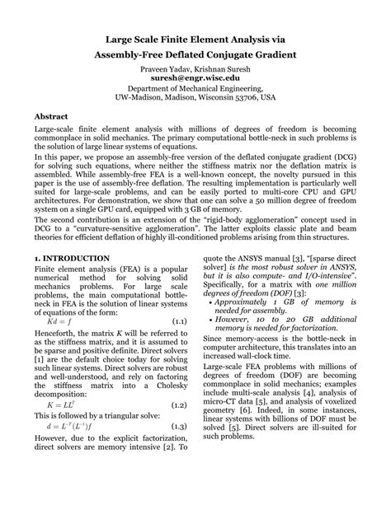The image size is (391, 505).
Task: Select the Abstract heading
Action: (51, 116)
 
